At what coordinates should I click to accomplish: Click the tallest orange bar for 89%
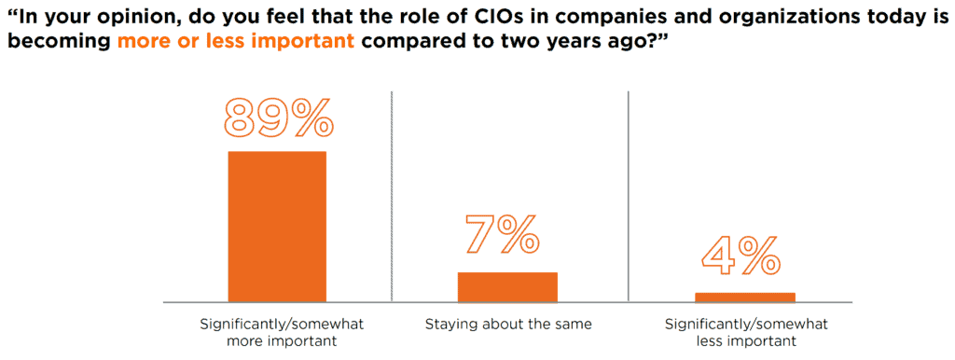point(277,226)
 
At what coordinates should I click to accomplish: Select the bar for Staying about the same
point(507,287)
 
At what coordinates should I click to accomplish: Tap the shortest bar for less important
point(744,298)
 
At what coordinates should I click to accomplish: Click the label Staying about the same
point(508,325)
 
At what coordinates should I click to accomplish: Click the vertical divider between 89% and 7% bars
point(392,196)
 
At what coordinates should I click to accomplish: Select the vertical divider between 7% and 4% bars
point(629,196)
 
